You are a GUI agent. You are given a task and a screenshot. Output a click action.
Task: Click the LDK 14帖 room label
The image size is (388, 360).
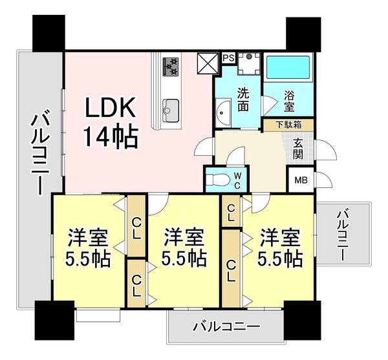109,123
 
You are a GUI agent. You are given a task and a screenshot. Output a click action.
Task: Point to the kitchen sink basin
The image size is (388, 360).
171,107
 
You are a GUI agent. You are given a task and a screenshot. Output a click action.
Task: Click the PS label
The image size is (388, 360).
228,58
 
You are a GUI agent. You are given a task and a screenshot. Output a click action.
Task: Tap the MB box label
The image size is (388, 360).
301,181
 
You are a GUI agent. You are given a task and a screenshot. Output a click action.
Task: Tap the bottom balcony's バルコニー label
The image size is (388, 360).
226,327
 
